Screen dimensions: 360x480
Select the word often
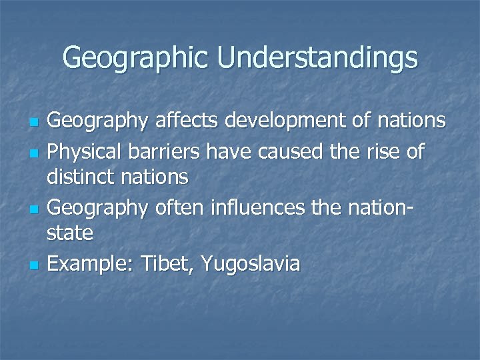coord(180,208)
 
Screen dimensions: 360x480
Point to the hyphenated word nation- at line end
coord(376,208)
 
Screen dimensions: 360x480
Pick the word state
coord(70,232)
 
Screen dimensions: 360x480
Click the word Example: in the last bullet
coord(90,264)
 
